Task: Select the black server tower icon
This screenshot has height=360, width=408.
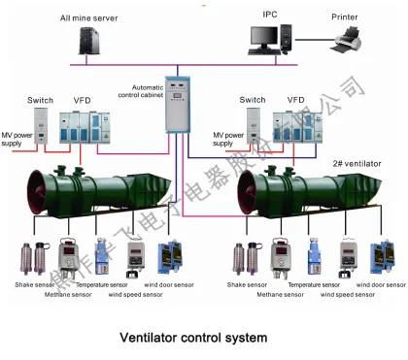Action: coord(89,41)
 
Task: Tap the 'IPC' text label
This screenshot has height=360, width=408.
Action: coord(270,15)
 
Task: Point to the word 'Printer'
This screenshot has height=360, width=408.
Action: coord(344,16)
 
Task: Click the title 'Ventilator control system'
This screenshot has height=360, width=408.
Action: coord(192,338)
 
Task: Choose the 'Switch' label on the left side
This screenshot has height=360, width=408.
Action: coord(40,100)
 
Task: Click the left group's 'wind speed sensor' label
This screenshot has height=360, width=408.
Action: coord(130,292)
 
